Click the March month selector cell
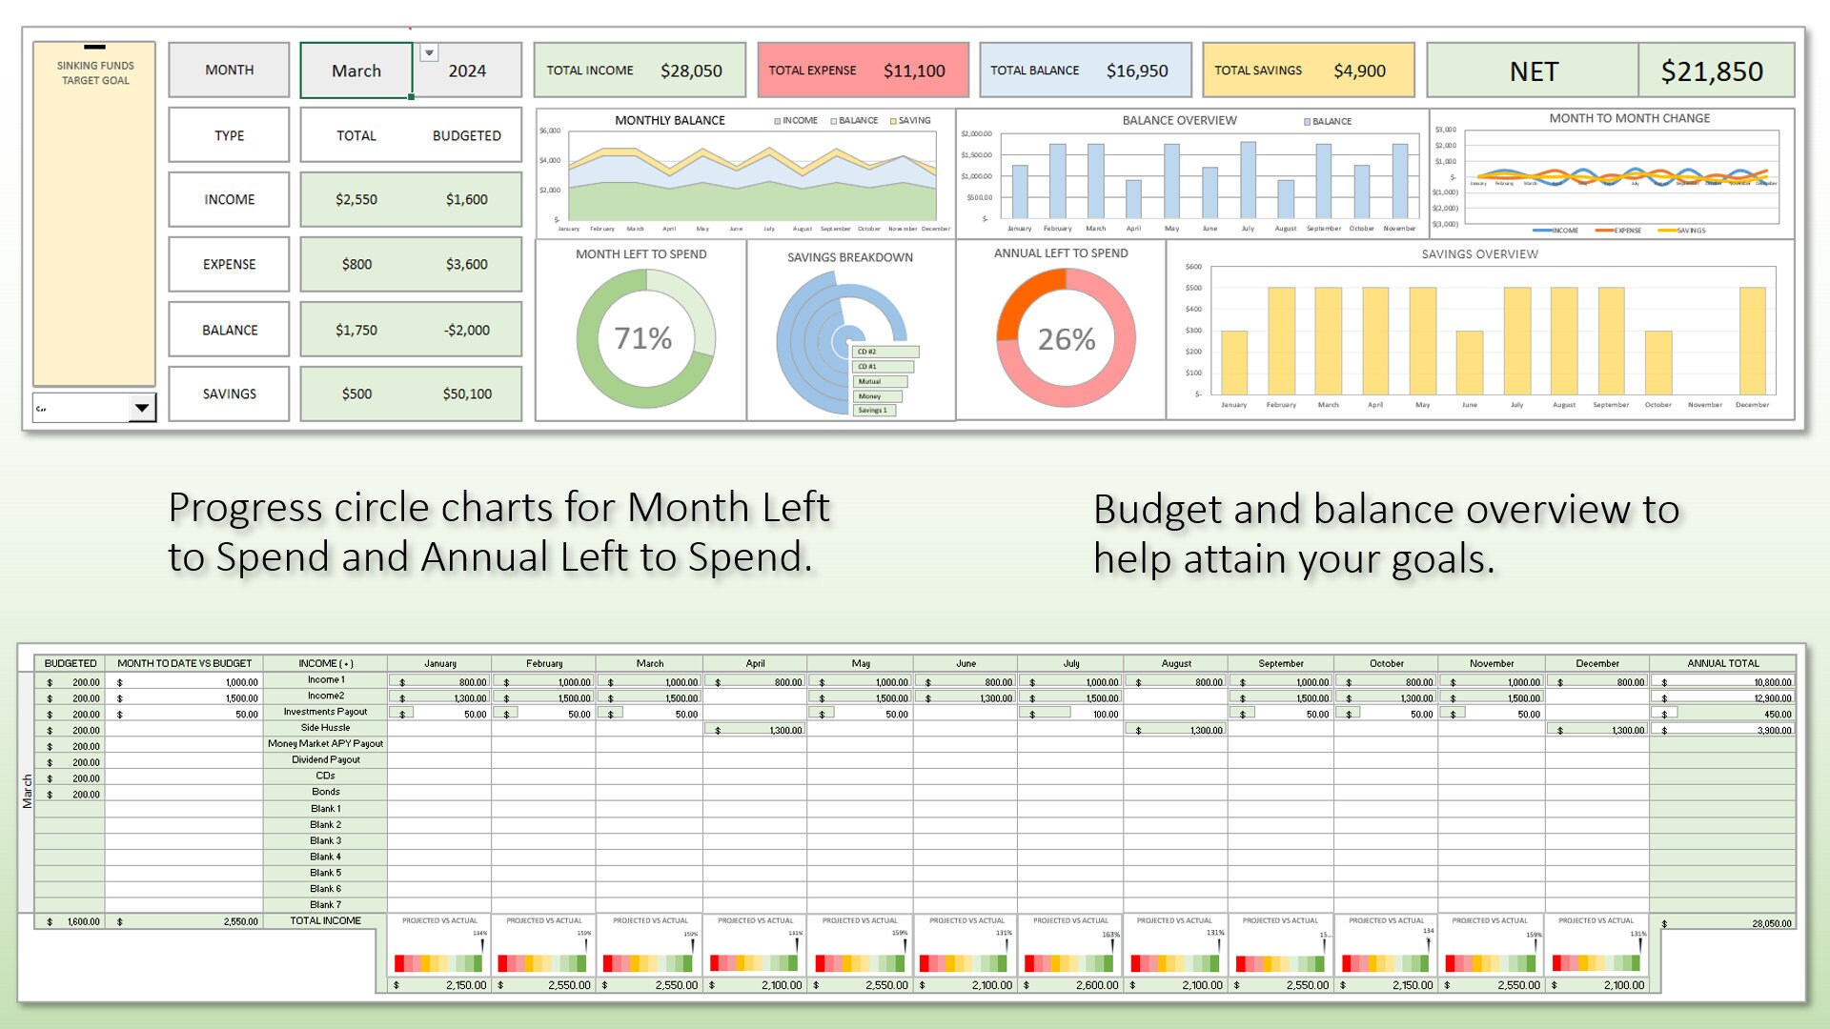click(356, 71)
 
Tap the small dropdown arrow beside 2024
click(429, 53)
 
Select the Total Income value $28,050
click(691, 71)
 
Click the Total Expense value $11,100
click(913, 71)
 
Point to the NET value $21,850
click(1711, 71)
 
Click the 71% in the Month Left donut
click(643, 338)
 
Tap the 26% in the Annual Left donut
click(1066, 339)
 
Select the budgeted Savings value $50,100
click(467, 393)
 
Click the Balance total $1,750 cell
click(356, 330)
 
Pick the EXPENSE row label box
click(229, 264)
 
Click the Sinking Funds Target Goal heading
click(95, 73)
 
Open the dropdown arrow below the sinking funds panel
click(141, 408)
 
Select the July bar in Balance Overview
click(1248, 181)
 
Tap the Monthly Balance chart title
click(669, 120)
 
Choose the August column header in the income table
click(1176, 663)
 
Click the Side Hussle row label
click(325, 728)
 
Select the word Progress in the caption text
click(244, 508)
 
